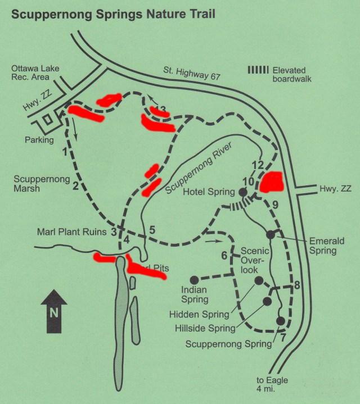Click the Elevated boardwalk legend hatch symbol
pos(258,70)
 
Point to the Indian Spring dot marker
pos(193,279)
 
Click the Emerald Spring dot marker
pos(270,234)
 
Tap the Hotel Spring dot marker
pos(243,192)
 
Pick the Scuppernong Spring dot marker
pos(280,320)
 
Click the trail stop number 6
pos(224,256)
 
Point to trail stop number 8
pos(296,284)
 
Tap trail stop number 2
pos(75,185)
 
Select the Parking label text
pos(39,139)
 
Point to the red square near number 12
pos(271,182)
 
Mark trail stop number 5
pos(152,229)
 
